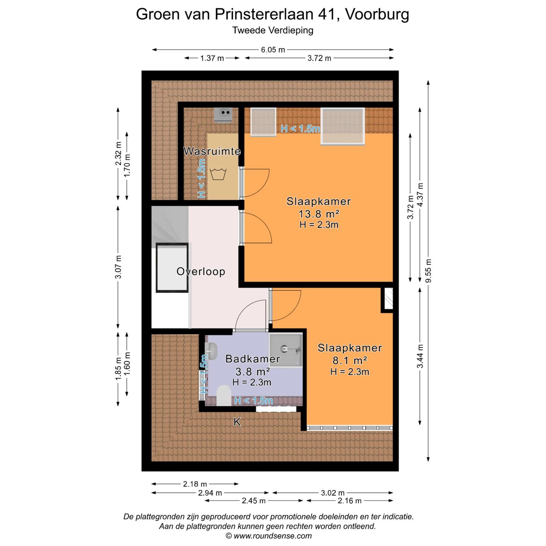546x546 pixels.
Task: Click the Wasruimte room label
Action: (x=212, y=151)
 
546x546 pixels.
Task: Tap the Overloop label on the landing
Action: (x=201, y=271)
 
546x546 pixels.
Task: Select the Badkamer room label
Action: (x=253, y=359)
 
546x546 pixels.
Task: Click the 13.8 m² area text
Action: (x=318, y=214)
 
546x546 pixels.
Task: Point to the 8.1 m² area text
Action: (x=350, y=360)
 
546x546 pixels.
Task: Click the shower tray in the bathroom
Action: (x=286, y=350)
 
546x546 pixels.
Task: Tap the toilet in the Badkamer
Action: (x=224, y=395)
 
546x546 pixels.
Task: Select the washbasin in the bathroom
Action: (x=212, y=351)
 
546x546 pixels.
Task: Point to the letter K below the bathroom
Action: (x=237, y=422)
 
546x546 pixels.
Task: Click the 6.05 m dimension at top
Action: (x=273, y=50)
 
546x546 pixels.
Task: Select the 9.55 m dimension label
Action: (x=428, y=271)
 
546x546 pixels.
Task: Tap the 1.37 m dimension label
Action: (x=212, y=58)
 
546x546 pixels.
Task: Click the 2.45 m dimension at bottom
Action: (x=254, y=501)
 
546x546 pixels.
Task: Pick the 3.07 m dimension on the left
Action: (x=118, y=267)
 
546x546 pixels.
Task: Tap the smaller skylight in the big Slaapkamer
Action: (x=263, y=121)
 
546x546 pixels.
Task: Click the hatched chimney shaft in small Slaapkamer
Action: (x=388, y=299)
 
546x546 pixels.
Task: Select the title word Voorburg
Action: (x=377, y=14)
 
